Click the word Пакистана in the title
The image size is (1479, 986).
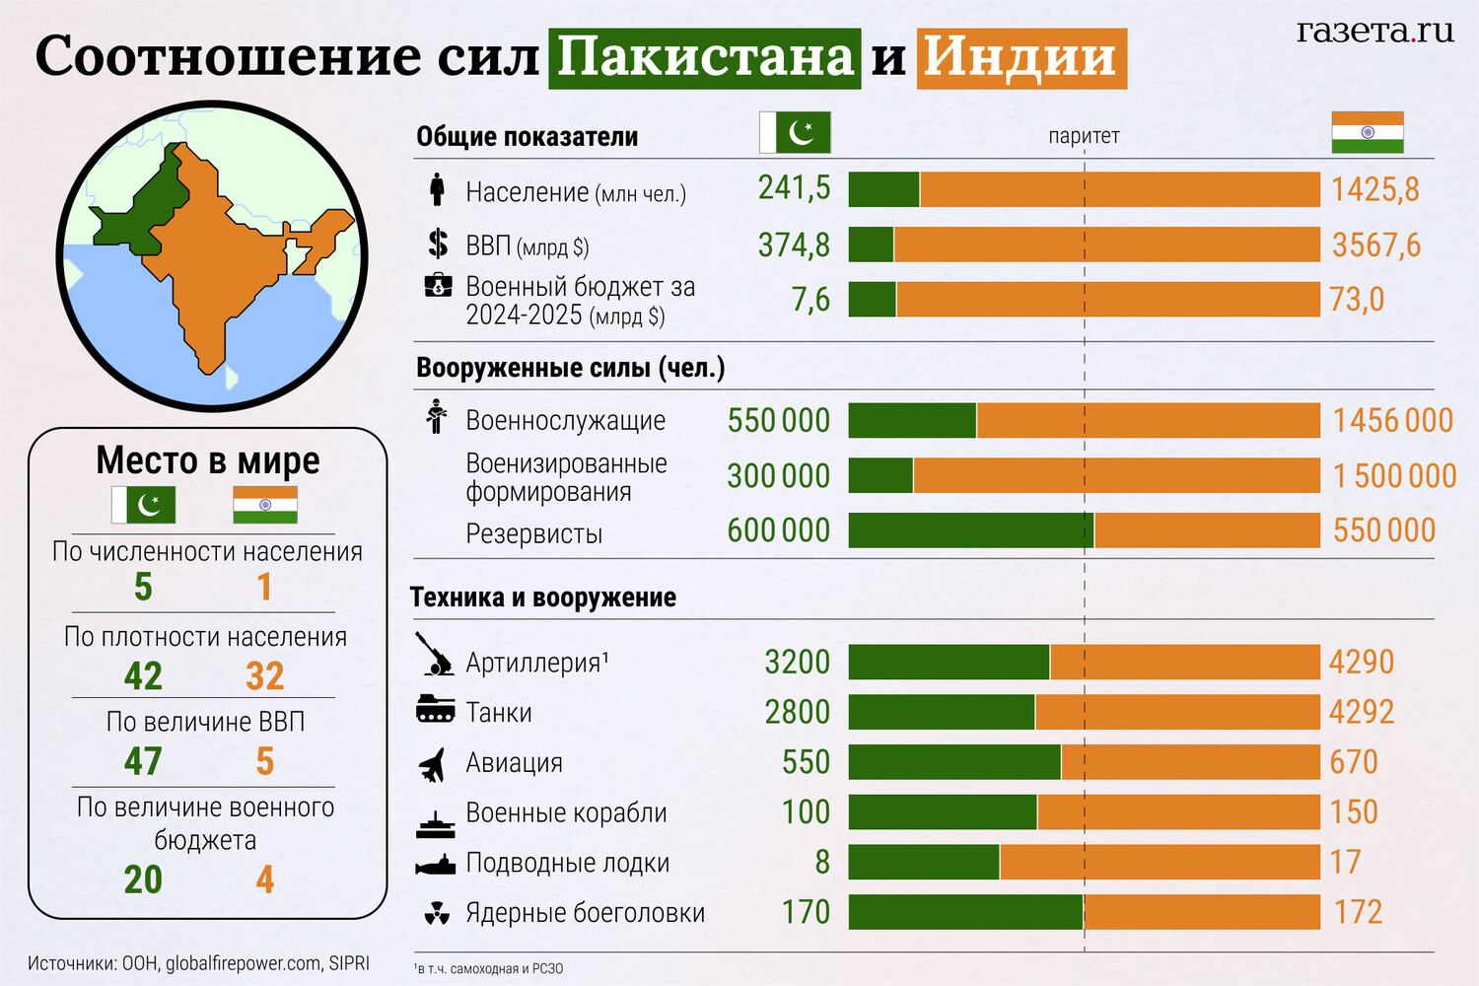click(x=704, y=57)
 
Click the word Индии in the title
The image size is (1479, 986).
click(x=1021, y=57)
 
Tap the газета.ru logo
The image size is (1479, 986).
click(x=1374, y=32)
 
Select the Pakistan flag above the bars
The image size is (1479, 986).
click(x=795, y=132)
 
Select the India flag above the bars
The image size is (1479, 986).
click(x=1367, y=132)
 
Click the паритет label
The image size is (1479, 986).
click(x=1084, y=136)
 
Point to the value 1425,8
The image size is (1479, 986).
click(x=1374, y=189)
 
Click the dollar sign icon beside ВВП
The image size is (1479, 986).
click(x=438, y=244)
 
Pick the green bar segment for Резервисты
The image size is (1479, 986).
click(x=970, y=530)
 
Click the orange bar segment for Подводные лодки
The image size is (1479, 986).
click(x=1159, y=862)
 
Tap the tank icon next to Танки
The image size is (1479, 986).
click(x=435, y=710)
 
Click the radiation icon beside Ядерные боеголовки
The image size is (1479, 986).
click(x=436, y=913)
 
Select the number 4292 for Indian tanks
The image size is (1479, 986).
click(x=1361, y=712)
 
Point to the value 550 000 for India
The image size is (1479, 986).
click(x=1383, y=530)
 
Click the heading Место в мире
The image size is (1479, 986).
click(x=208, y=460)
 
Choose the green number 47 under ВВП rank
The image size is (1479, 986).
click(x=143, y=761)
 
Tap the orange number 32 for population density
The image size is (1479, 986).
click(x=264, y=676)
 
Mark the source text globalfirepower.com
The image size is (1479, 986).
click(x=243, y=963)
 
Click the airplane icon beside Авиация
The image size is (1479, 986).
click(x=434, y=764)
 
